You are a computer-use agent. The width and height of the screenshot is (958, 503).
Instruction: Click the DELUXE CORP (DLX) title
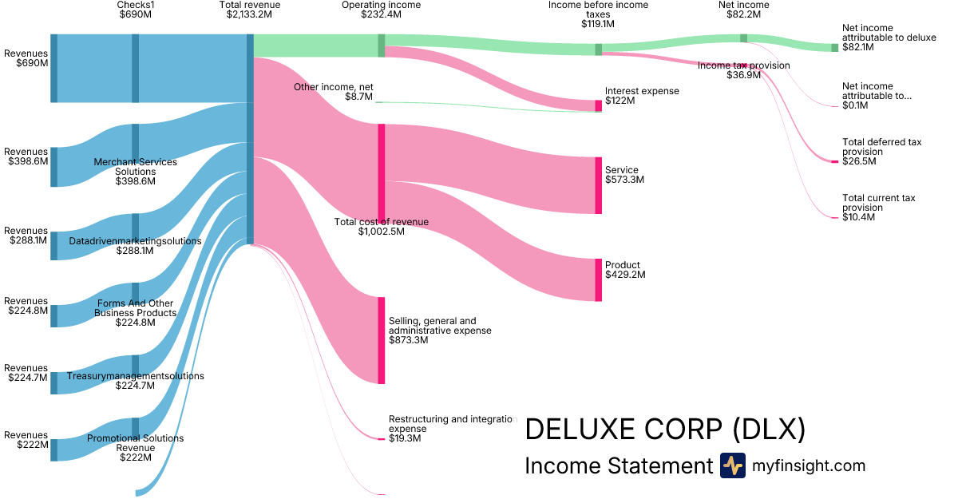tap(665, 430)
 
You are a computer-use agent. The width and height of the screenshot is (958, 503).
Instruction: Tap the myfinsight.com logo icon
tap(732, 465)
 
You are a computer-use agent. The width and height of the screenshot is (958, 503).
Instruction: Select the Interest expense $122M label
tap(642, 96)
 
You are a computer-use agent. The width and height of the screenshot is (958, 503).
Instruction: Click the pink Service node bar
tap(598, 185)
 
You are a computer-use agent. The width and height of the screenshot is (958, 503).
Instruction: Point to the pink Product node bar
tap(598, 279)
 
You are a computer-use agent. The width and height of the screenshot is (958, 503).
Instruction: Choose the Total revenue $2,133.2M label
tap(250, 10)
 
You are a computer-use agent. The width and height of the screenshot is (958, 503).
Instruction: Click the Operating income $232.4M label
tap(382, 10)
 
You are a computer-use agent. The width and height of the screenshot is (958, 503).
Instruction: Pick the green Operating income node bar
tap(382, 46)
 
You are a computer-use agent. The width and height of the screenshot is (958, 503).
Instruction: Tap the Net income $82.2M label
tap(743, 10)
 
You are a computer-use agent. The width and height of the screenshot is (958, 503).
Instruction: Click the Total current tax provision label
tap(878, 207)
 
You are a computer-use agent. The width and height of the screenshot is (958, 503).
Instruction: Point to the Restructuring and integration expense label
tap(452, 428)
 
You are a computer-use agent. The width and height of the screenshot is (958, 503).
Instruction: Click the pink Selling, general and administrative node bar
tap(382, 340)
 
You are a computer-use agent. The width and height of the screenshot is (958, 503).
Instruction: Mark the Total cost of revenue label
tap(382, 227)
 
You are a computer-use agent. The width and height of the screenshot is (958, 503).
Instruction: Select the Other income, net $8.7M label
tap(334, 92)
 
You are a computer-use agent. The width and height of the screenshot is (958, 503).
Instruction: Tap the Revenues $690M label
tap(26, 58)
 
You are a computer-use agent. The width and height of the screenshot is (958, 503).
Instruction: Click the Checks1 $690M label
tap(136, 10)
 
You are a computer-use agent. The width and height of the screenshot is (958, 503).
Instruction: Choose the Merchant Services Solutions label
tap(136, 172)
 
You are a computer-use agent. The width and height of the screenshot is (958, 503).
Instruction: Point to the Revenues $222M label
tap(26, 440)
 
